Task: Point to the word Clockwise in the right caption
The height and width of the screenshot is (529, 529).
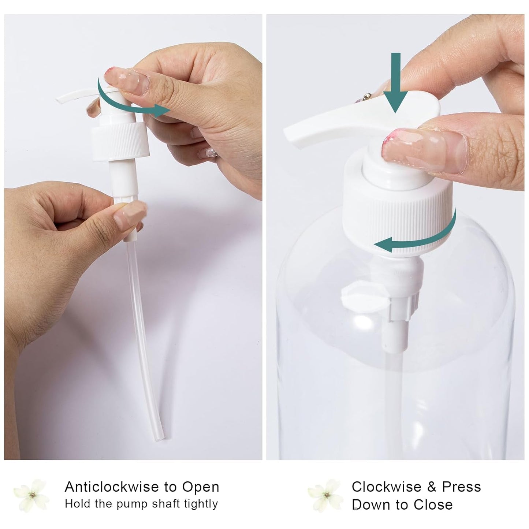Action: pos(387,487)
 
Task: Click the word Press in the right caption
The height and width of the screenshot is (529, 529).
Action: pos(462,487)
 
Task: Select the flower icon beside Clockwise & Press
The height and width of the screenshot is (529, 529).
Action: pos(325,495)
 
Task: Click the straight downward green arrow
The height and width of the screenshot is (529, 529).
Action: pos(395,82)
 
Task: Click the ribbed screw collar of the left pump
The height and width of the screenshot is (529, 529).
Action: pos(120,142)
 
